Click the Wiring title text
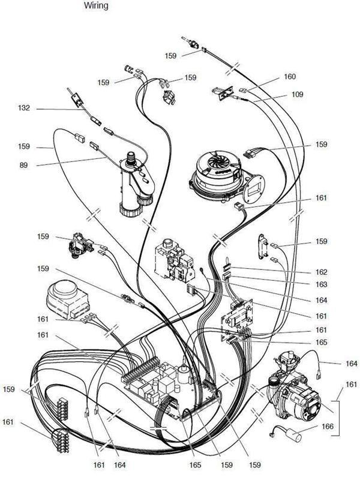tap(96, 5)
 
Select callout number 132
tap(24, 108)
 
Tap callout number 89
tap(23, 166)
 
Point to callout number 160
tap(290, 76)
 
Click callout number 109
tap(297, 94)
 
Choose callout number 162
tap(322, 272)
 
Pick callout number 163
tap(322, 284)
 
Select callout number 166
tap(328, 426)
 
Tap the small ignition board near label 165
tap(238, 319)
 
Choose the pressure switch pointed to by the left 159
tap(81, 245)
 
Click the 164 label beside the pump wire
tap(352, 364)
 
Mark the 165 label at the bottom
tap(195, 466)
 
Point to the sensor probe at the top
tap(191, 43)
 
